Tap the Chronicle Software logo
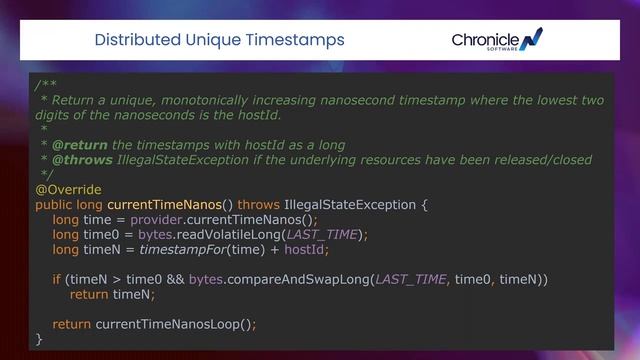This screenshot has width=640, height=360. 497,41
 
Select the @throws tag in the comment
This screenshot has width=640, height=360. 82,159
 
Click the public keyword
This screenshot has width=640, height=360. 54,204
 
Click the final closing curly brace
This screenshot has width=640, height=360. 39,339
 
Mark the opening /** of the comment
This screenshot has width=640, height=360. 46,85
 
